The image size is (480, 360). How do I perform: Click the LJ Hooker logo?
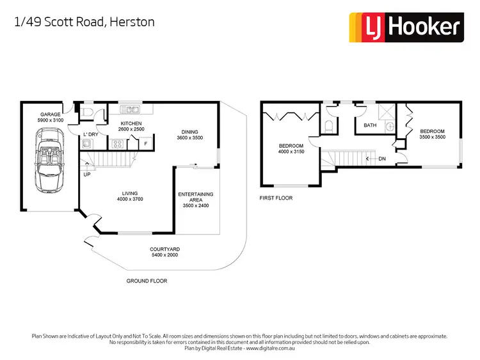(x=404, y=27)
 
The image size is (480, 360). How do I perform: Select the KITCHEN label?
(x=131, y=123)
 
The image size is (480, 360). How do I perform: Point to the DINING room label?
(x=190, y=131)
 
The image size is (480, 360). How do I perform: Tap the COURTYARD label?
(x=163, y=249)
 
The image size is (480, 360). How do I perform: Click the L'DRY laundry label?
(x=91, y=134)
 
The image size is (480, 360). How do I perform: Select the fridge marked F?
(x=146, y=144)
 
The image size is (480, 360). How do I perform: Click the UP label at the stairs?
(x=86, y=174)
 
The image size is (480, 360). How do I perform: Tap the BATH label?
(x=370, y=125)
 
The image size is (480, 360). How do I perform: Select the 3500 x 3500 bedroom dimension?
(x=432, y=137)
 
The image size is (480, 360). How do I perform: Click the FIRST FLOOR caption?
(x=276, y=198)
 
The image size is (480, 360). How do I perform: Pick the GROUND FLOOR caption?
(x=147, y=281)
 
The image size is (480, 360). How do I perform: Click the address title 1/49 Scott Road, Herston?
(x=84, y=22)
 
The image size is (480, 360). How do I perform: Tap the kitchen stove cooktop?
(x=118, y=144)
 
